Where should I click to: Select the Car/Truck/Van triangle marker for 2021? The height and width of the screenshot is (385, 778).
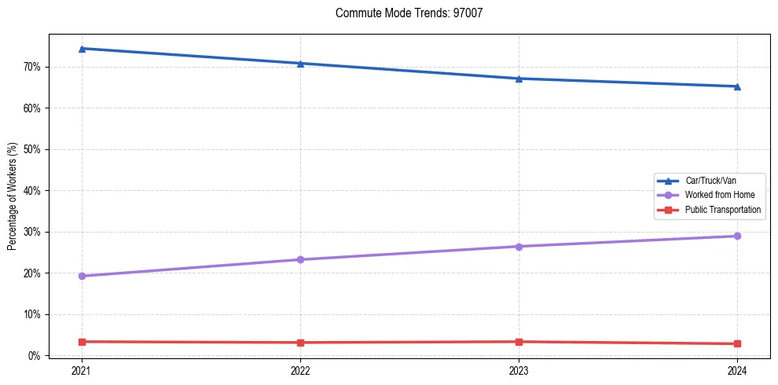point(82,49)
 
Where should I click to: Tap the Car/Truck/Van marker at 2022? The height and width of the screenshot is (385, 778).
point(300,63)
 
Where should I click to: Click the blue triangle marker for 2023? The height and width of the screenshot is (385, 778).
point(519,79)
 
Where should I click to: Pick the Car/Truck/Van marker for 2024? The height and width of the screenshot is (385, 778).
point(737,86)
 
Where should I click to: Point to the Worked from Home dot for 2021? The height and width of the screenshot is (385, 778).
point(82,276)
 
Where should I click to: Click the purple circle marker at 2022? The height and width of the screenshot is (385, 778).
point(300,259)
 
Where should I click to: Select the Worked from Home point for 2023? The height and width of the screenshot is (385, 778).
point(519,247)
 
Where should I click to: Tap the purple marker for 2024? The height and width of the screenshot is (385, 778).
point(737,236)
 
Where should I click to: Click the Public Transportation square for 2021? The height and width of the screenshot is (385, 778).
point(82,342)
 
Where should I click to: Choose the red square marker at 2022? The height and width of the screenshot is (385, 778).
point(300,343)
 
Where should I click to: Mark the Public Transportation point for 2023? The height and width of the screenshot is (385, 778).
point(519,342)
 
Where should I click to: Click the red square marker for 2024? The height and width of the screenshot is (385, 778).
point(737,343)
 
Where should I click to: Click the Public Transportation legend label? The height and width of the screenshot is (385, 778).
point(722,210)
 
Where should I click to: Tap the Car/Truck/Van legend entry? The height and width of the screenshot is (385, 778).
point(710,181)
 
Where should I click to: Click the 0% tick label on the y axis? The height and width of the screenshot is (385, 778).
point(33,356)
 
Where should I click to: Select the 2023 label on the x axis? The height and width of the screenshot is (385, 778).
point(519,370)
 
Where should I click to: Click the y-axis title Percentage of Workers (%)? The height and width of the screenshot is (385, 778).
point(13,196)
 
